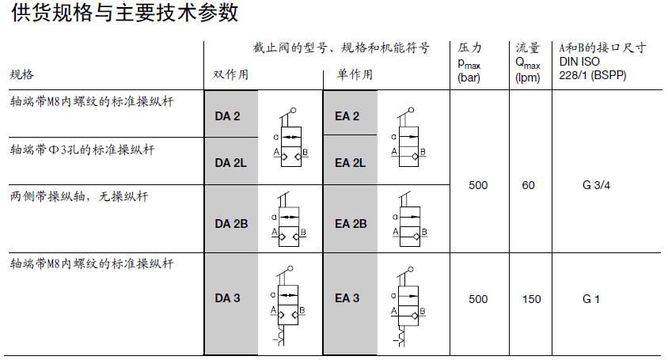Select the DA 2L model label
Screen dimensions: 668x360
pyautogui.click(x=230, y=163)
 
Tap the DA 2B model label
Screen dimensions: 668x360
pyautogui.click(x=231, y=224)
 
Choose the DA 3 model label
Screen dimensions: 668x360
pyautogui.click(x=227, y=297)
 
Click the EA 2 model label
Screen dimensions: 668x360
pyautogui.click(x=347, y=116)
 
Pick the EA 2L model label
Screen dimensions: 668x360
pyautogui.click(x=350, y=163)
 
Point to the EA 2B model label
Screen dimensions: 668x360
pyautogui.click(x=351, y=224)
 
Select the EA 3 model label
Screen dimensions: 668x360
pyautogui.click(x=347, y=297)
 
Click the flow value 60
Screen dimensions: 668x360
pyautogui.click(x=528, y=185)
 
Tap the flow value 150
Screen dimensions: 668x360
pyautogui.click(x=532, y=299)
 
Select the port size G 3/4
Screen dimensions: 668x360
pyautogui.click(x=597, y=185)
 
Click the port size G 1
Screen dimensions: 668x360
pyautogui.click(x=591, y=299)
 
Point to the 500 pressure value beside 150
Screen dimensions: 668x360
pyautogui.click(x=478, y=299)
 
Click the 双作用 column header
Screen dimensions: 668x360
pyautogui.click(x=231, y=74)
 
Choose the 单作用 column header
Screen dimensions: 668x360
pyautogui.click(x=355, y=74)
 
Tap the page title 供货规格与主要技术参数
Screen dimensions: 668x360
pyautogui.click(x=124, y=13)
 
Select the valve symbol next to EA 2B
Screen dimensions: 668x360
pyautogui.click(x=409, y=219)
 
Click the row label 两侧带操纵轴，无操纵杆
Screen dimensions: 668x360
pyautogui.click(x=79, y=196)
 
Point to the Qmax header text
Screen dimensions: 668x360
pyautogui.click(x=528, y=63)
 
